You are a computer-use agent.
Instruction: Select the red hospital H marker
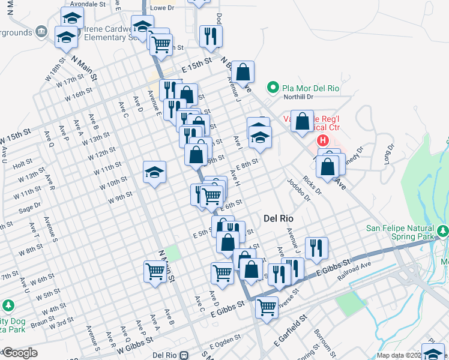tap(323, 142)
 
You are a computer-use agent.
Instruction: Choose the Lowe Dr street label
tap(162, 8)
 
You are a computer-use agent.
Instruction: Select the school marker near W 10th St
tap(154, 173)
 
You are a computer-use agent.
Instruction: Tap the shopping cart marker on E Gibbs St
tap(267, 307)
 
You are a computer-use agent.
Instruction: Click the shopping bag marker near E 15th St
tap(243, 72)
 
